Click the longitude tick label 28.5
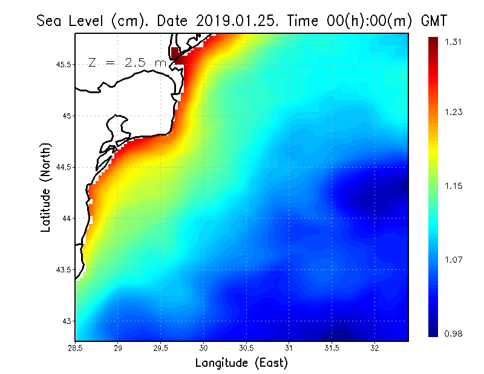(x=76, y=348)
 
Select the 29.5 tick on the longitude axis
(x=161, y=348)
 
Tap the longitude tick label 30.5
(x=246, y=348)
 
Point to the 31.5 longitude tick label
(x=332, y=348)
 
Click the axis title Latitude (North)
(x=45, y=187)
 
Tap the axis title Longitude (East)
(x=241, y=363)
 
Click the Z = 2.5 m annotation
(x=127, y=62)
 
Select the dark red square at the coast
(x=175, y=53)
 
